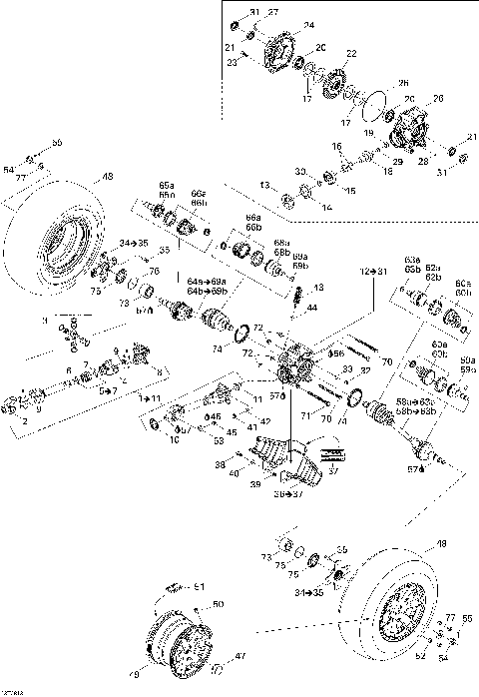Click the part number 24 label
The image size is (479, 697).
click(x=308, y=25)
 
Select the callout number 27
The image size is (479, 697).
click(x=273, y=12)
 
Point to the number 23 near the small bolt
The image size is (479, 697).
click(x=232, y=62)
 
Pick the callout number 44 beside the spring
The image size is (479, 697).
click(x=311, y=307)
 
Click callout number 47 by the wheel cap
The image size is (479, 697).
click(x=239, y=657)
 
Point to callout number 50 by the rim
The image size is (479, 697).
click(x=220, y=604)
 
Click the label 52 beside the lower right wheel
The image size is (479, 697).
click(x=419, y=658)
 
